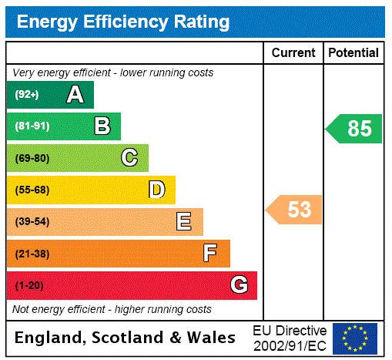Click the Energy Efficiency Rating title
tap(123, 22)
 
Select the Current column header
tap(293, 53)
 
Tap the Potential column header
tap(353, 53)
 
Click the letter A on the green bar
tap(75, 95)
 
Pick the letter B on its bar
tap(102, 126)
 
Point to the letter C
tap(129, 158)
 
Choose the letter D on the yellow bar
tap(156, 190)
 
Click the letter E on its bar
tap(184, 222)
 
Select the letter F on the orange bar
tap(210, 254)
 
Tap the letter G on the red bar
tap(239, 285)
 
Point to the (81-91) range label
tap(32, 126)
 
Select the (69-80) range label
tap(32, 158)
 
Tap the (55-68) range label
tap(32, 190)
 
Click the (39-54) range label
tap(32, 222)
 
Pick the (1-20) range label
tap(29, 285)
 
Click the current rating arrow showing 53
tap(295, 210)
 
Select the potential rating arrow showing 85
tap(355, 129)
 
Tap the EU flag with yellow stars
tap(355, 338)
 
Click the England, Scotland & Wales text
tap(126, 338)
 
